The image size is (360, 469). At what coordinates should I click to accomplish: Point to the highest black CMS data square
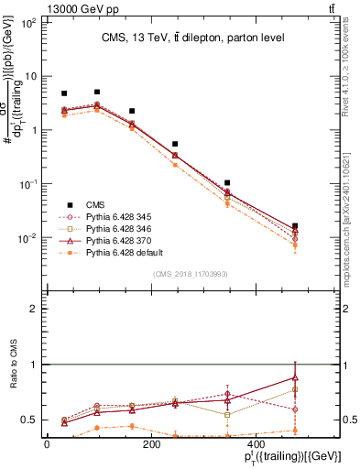[x=97, y=92]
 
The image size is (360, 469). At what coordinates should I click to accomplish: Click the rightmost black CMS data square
[x=320, y=226]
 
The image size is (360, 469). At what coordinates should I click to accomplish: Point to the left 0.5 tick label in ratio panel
[x=29, y=420]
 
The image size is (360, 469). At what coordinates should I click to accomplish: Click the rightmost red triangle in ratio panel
[x=320, y=377]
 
